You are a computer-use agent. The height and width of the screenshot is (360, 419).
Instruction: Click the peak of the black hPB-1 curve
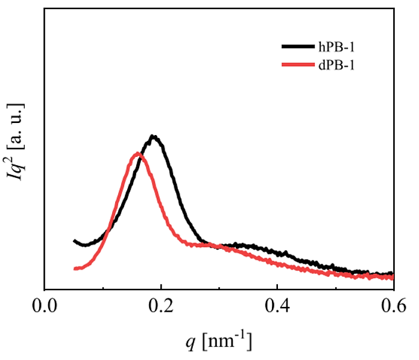coord(154,137)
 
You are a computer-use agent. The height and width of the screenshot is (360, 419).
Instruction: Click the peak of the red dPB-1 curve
coord(138,154)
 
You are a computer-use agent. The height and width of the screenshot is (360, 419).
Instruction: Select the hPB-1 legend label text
coord(335,46)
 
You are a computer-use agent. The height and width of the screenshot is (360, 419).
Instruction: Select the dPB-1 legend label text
coord(335,63)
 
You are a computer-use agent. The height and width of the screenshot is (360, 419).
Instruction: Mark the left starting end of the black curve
coord(74,241)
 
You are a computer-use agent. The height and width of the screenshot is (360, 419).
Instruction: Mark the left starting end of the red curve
coord(74,268)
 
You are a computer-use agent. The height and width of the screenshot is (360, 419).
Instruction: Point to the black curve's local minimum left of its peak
coord(86,245)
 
